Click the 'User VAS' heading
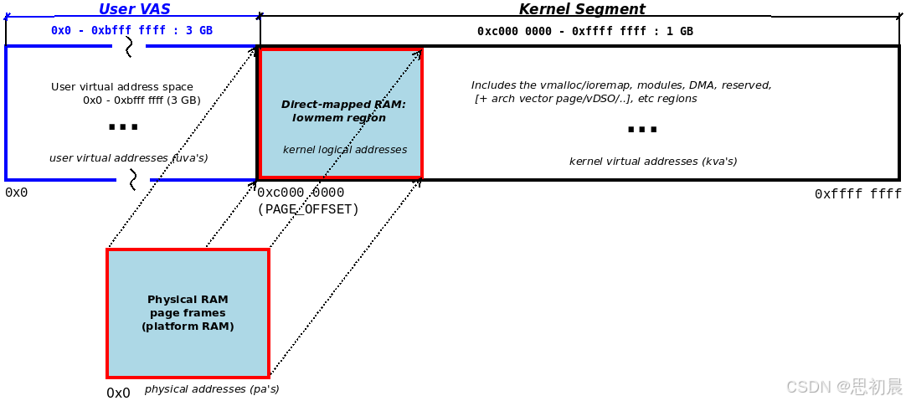(x=134, y=9)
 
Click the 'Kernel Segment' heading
(x=582, y=9)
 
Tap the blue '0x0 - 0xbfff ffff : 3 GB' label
(x=131, y=31)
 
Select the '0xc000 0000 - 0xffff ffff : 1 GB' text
(x=584, y=32)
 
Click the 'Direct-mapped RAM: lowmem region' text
(x=342, y=111)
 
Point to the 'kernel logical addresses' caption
(x=345, y=150)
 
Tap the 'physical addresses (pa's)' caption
(x=212, y=389)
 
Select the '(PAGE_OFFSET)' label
(x=308, y=209)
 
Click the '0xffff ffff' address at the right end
(x=857, y=194)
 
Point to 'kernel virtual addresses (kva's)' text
(x=653, y=162)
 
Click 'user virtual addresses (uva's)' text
(x=128, y=157)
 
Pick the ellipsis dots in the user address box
(x=123, y=127)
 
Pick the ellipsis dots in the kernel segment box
(x=642, y=130)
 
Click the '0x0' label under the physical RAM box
(x=118, y=393)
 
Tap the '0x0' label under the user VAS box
(x=16, y=193)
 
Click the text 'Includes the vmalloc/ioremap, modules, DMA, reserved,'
(x=621, y=85)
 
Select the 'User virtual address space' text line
(x=122, y=87)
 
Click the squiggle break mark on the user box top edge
(x=129, y=47)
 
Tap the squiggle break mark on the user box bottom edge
(x=132, y=179)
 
